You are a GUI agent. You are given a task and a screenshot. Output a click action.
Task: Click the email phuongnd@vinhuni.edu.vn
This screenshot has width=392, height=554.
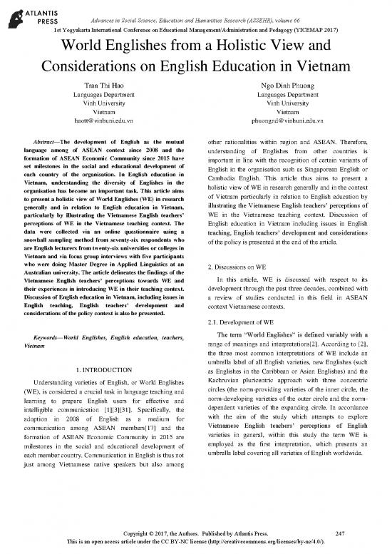click(284, 123)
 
